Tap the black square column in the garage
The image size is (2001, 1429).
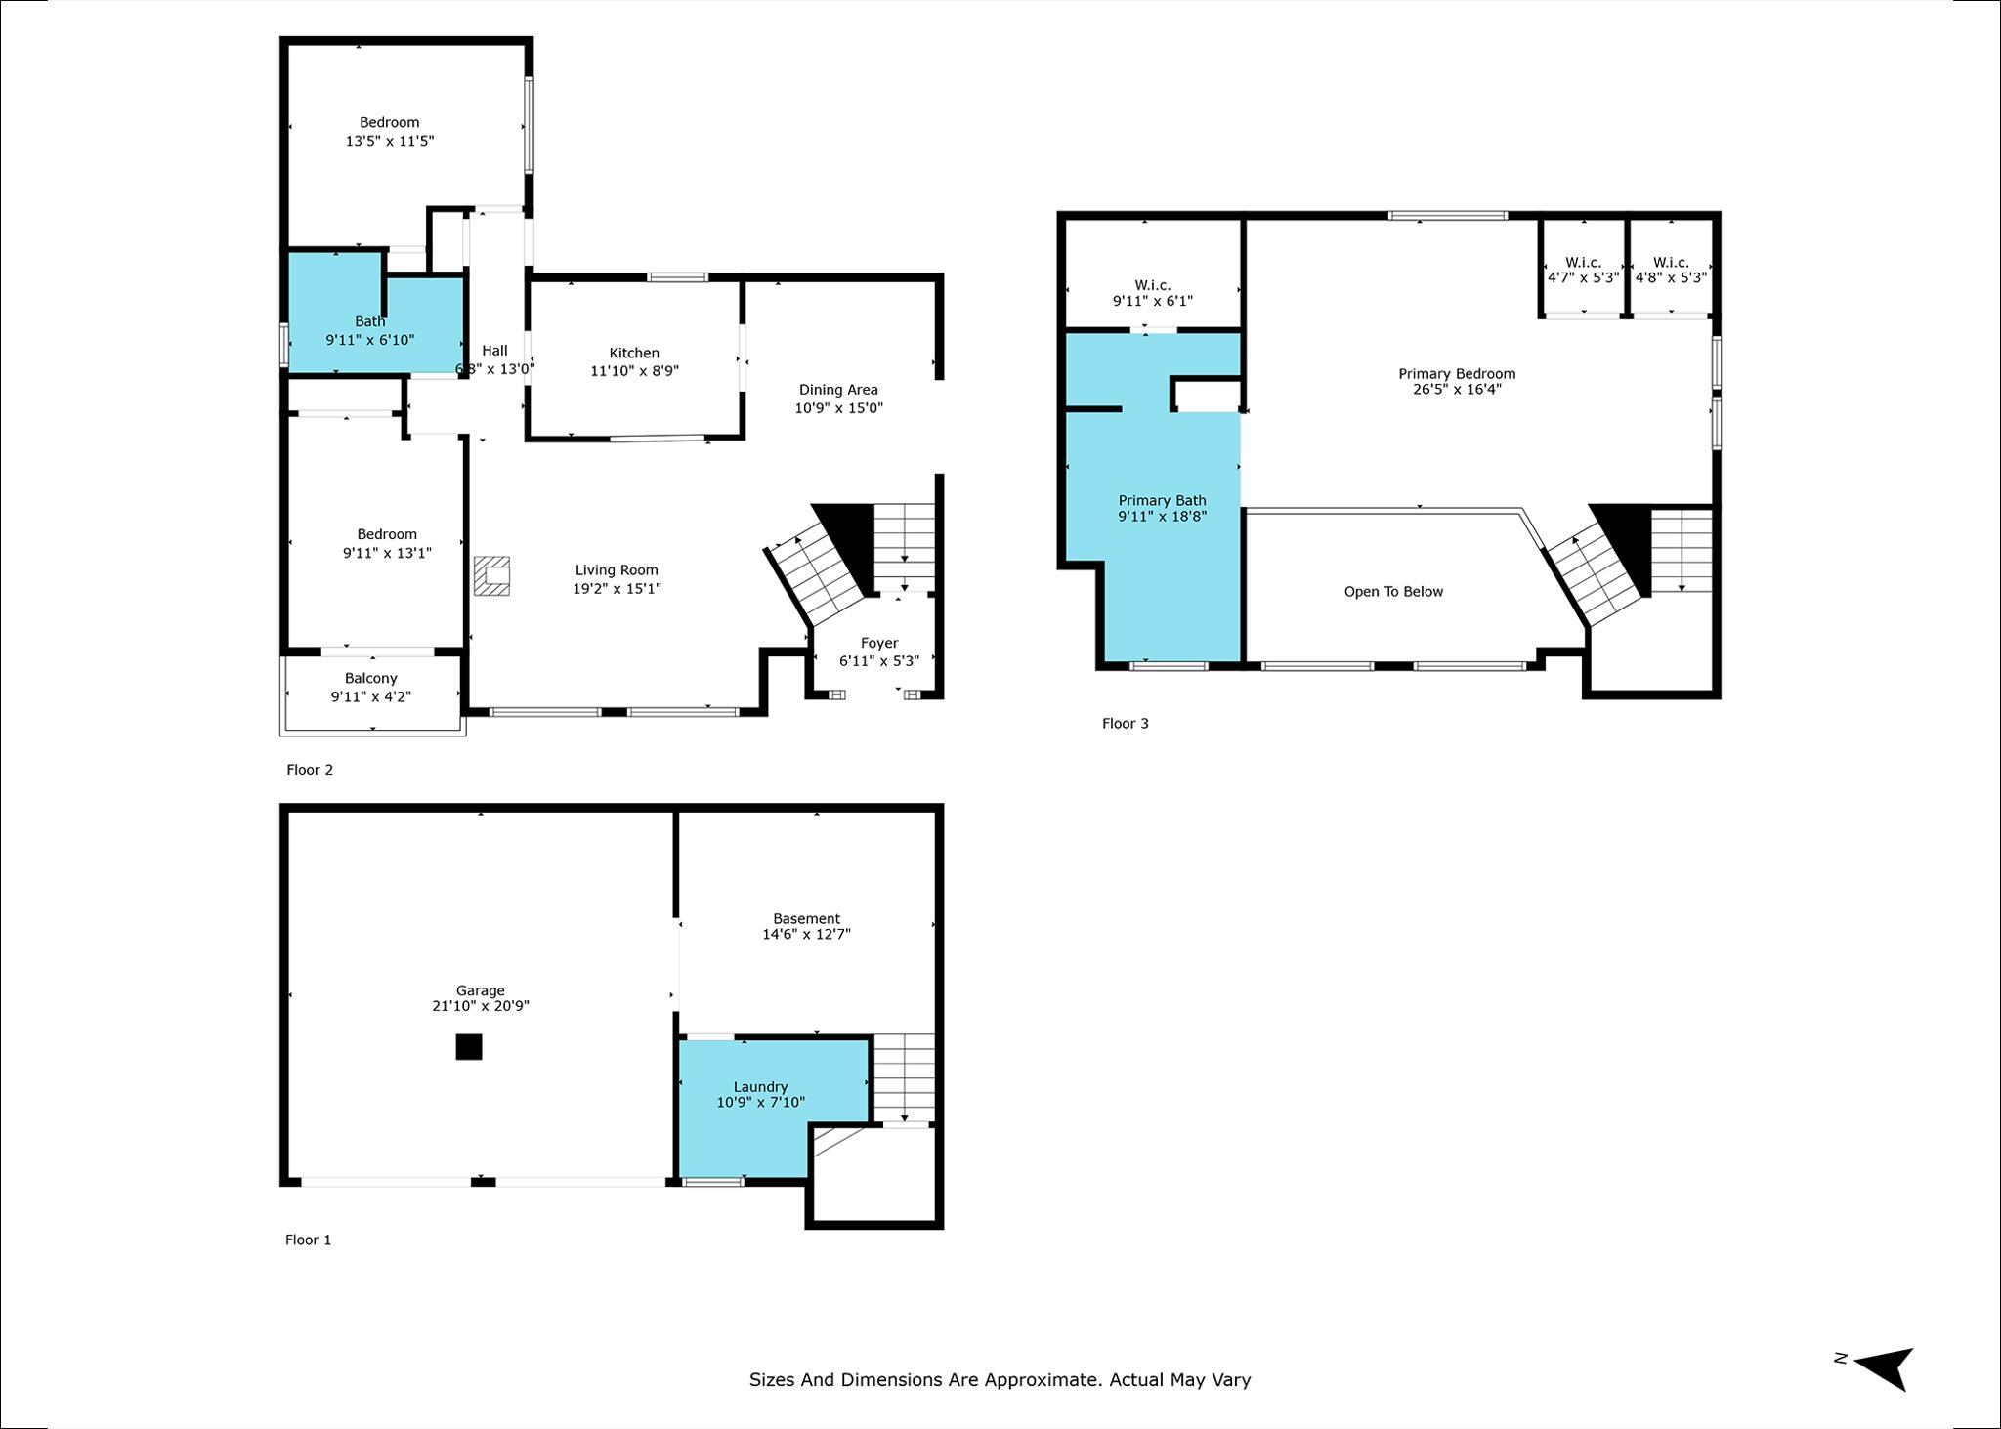469,1046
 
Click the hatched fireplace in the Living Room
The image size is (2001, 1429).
492,576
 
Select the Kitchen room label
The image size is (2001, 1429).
634,353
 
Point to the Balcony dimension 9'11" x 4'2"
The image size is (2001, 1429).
370,696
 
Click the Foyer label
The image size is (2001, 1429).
878,643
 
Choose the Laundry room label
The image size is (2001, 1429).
760,1086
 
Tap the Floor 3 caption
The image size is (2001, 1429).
1125,724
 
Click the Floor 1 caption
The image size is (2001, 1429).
308,1240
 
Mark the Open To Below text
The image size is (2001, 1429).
1392,591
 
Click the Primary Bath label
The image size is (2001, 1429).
1162,500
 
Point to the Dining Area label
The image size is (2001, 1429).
837,389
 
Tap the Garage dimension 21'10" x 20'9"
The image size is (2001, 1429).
480,1006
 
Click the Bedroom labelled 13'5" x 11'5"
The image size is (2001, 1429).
389,122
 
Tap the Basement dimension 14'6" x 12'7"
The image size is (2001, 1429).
806,934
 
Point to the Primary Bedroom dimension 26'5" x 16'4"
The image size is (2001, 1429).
1456,389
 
